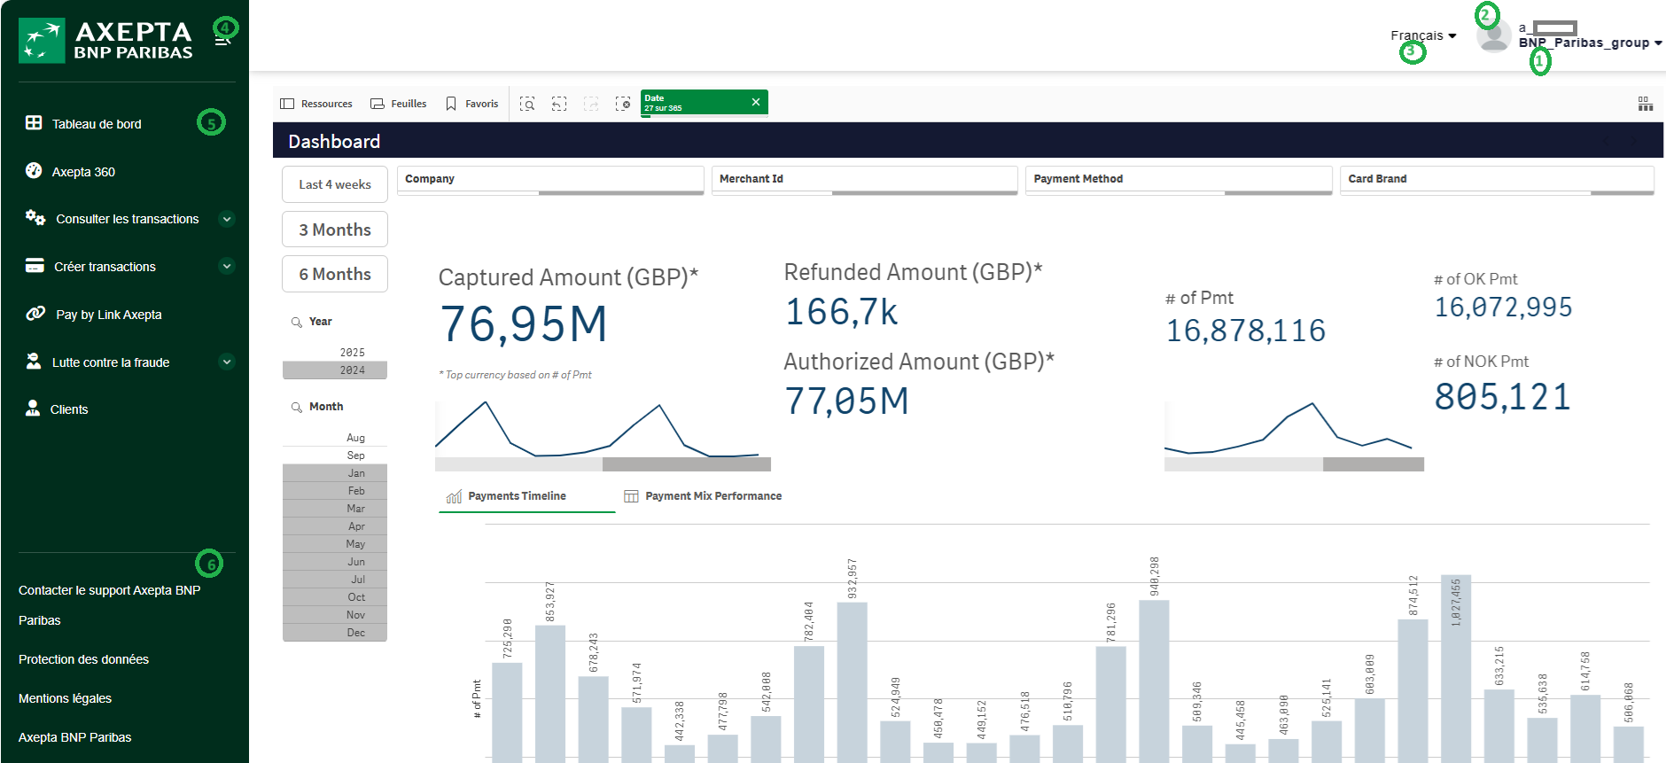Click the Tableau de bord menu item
(x=96, y=124)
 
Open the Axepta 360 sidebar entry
(x=82, y=172)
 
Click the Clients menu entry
(x=68, y=409)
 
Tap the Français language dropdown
(x=1423, y=35)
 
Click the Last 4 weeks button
(x=335, y=184)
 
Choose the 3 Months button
(x=335, y=230)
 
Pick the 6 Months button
(x=335, y=274)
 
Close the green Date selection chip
(x=756, y=102)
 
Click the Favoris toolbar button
(x=472, y=104)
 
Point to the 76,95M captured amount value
(x=524, y=323)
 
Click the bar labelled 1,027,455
(x=1456, y=669)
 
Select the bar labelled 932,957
(x=852, y=682)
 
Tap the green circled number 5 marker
(x=211, y=122)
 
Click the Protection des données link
(x=83, y=659)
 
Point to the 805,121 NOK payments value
(x=1503, y=397)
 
